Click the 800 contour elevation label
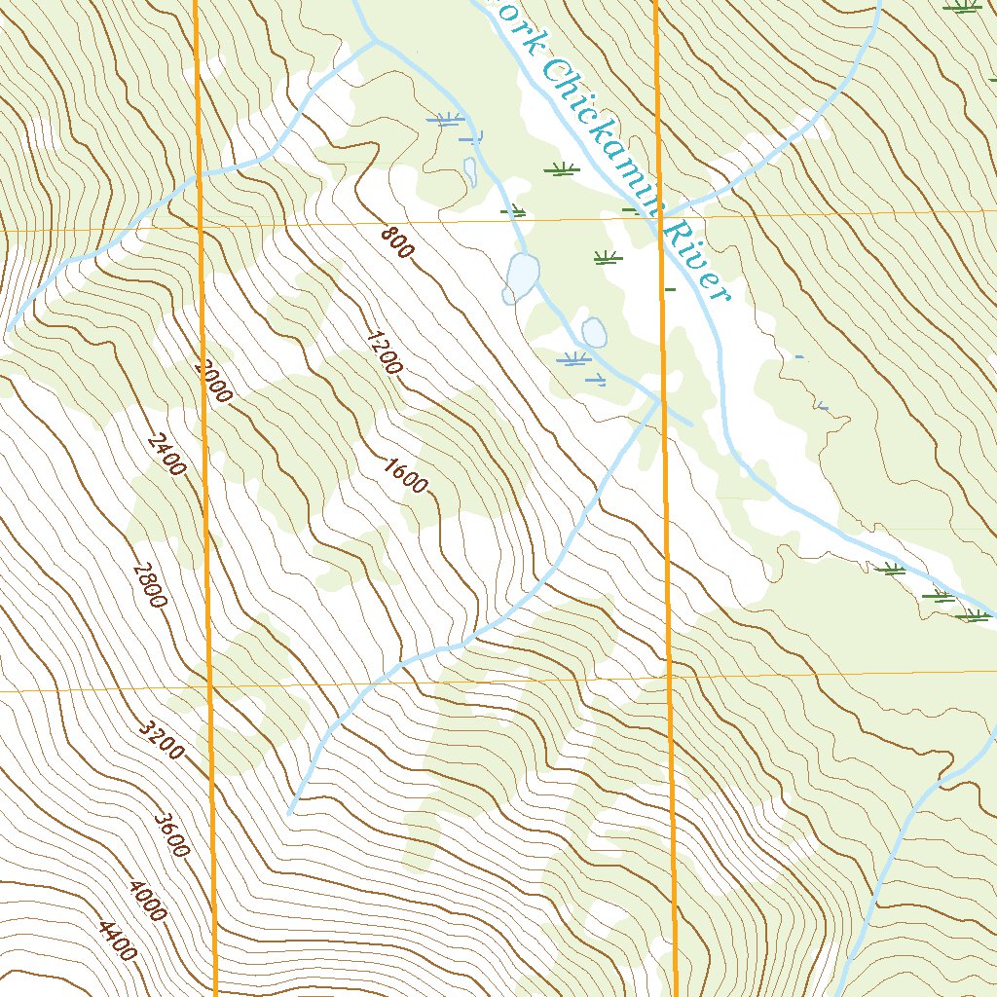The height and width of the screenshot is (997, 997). pos(397,242)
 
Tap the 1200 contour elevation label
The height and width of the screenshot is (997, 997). pos(384,353)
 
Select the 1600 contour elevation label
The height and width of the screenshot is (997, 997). pos(405,476)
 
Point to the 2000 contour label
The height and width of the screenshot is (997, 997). pos(214,382)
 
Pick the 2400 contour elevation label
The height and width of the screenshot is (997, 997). pos(166,455)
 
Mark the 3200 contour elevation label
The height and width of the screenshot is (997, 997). pos(160,741)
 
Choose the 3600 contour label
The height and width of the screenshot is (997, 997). pos(170,835)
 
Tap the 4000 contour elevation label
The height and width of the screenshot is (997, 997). pos(147,902)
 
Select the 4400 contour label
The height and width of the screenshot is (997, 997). pos(118,941)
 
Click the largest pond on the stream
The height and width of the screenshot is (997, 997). pos(520,277)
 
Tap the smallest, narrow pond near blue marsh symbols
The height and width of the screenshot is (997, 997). pos(470,172)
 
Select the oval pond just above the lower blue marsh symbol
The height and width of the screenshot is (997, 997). pos(594,333)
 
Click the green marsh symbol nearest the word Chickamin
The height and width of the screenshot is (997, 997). pos(561,169)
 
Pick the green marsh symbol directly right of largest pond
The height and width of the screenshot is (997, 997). pos(607,258)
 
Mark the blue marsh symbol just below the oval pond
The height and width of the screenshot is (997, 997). pos(575,360)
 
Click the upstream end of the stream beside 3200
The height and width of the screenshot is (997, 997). pos(290,812)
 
